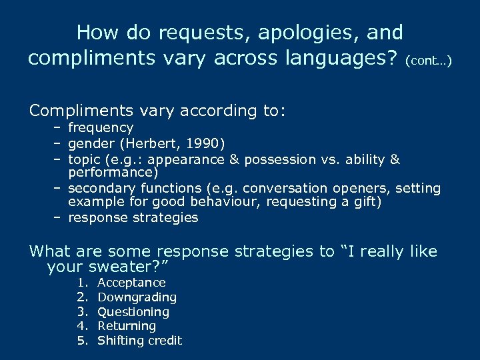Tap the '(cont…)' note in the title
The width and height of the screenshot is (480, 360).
(429, 61)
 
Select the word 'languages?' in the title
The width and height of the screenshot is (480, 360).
(343, 59)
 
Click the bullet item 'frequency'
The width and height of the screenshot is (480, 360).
(101, 127)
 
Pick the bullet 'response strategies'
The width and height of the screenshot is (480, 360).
(133, 217)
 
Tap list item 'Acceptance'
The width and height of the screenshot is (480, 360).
(131, 283)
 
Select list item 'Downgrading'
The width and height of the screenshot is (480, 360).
(137, 297)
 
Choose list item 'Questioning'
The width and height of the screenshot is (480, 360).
(133, 312)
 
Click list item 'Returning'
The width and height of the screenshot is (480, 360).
(127, 326)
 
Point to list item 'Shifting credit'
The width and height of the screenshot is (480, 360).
(139, 341)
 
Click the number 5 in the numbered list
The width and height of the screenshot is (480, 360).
(82, 341)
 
